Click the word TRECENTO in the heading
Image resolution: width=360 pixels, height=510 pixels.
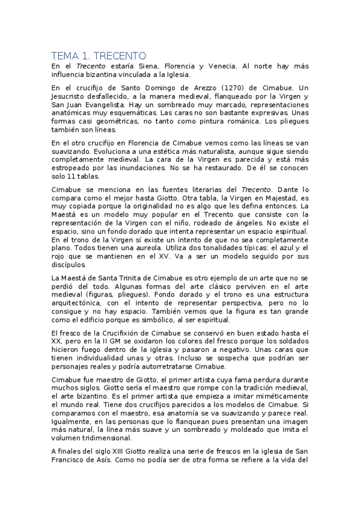115,55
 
